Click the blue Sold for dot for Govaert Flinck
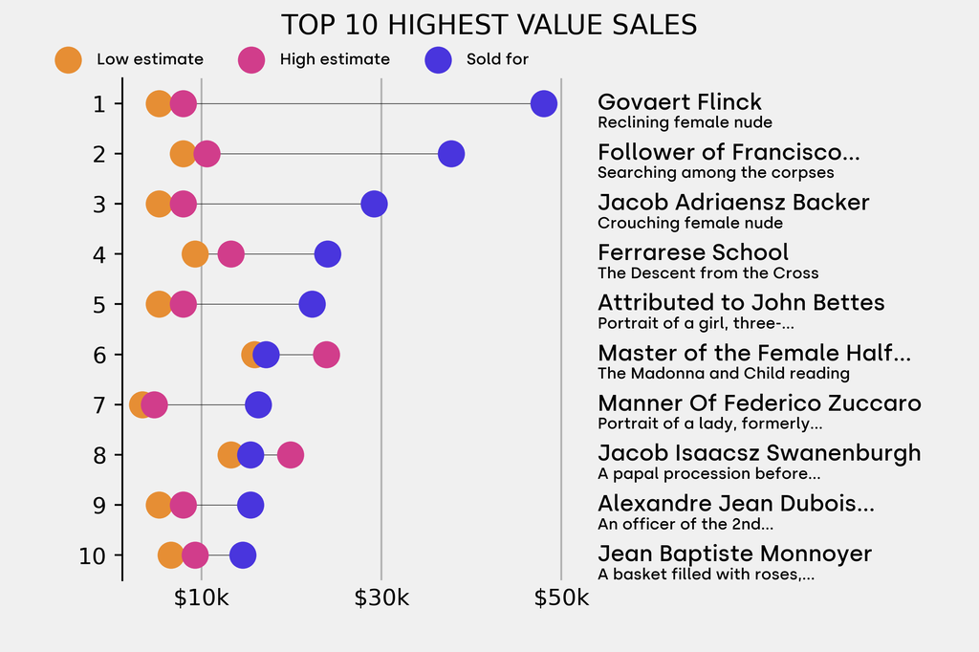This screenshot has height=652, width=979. pyautogui.click(x=543, y=103)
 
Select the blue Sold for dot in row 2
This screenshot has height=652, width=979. pyautogui.click(x=451, y=153)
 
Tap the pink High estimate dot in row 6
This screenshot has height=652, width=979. pyautogui.click(x=326, y=355)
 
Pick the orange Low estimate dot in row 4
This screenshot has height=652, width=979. pyautogui.click(x=195, y=254)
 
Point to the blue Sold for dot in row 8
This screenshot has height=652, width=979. pyautogui.click(x=250, y=455)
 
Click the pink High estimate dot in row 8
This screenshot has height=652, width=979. pyautogui.click(x=291, y=455)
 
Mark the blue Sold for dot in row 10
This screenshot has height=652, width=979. pyautogui.click(x=243, y=555)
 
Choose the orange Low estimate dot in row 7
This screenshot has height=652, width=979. pyautogui.click(x=141, y=404)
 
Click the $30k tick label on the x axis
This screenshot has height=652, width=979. pyautogui.click(x=381, y=598)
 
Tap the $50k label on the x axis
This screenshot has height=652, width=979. pyautogui.click(x=561, y=598)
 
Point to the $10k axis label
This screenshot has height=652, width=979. pyautogui.click(x=202, y=598)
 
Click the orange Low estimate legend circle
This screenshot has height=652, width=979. pyautogui.click(x=68, y=59)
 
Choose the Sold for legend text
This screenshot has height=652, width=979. pyautogui.click(x=497, y=59)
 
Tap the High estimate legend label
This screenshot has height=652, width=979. pyautogui.click(x=335, y=59)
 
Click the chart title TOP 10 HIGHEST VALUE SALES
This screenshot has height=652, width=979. pyautogui.click(x=489, y=25)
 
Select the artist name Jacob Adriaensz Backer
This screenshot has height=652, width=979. pyautogui.click(x=733, y=203)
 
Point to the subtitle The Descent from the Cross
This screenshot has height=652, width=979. pyautogui.click(x=707, y=273)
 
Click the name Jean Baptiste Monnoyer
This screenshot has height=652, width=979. pyautogui.click(x=734, y=554)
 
